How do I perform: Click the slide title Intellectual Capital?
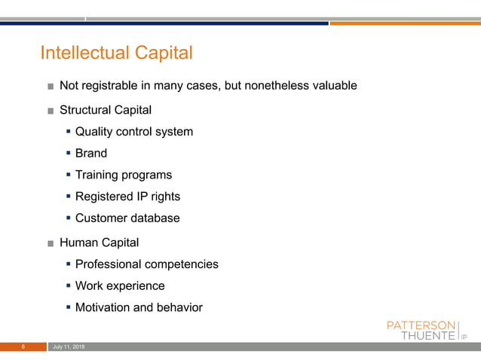click(x=116, y=53)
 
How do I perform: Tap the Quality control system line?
click(x=134, y=132)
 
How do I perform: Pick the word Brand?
click(x=91, y=154)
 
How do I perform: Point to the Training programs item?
click(x=124, y=175)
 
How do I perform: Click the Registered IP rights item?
click(x=127, y=197)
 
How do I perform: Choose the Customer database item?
click(x=127, y=218)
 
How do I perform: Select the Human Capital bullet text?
click(x=99, y=243)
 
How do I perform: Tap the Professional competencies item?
click(x=147, y=264)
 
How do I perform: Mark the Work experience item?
click(x=120, y=286)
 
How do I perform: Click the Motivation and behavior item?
click(x=139, y=307)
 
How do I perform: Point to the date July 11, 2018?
click(x=69, y=346)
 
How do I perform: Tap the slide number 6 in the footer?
click(x=23, y=346)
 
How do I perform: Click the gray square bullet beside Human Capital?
click(x=50, y=243)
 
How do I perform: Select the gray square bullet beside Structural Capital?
click(x=50, y=111)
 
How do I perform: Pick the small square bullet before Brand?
click(x=69, y=154)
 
